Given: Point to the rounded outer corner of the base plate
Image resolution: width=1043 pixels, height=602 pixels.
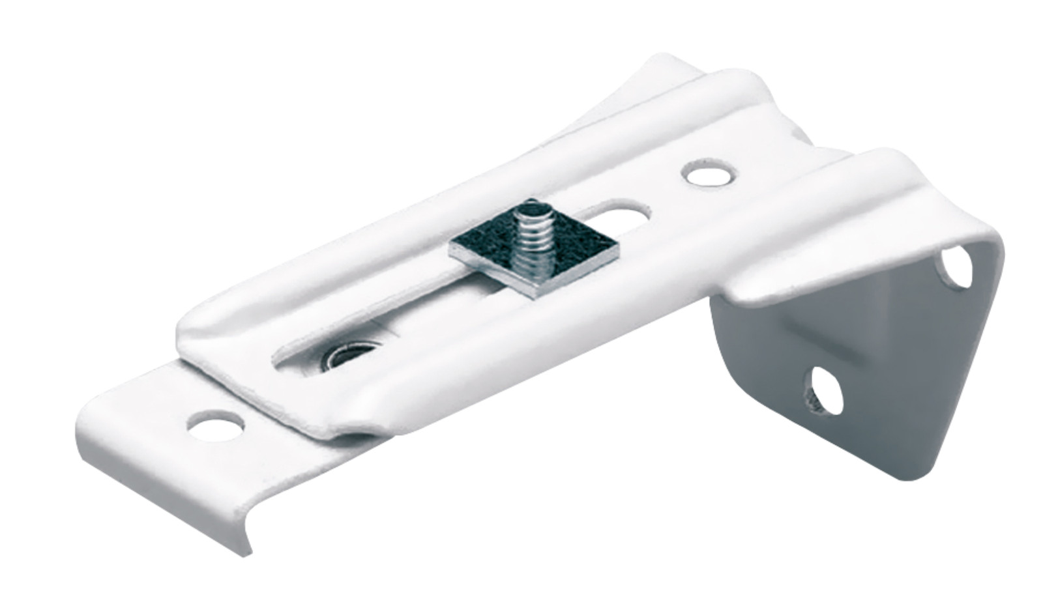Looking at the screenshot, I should point(85,423).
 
